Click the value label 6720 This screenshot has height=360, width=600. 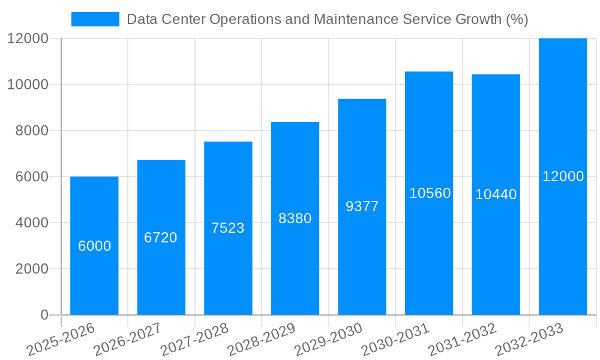coord(161,238)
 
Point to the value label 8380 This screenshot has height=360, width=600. coord(295,218)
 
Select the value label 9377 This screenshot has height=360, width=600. coord(362,206)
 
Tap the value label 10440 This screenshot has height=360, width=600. coord(496,194)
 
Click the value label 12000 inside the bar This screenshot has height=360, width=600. coord(563,176)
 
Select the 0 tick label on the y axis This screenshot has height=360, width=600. coord(44,315)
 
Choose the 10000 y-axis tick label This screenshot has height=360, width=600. coord(27,85)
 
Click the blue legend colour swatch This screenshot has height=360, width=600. coord(95,19)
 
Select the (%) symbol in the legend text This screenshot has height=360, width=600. coord(517,19)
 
